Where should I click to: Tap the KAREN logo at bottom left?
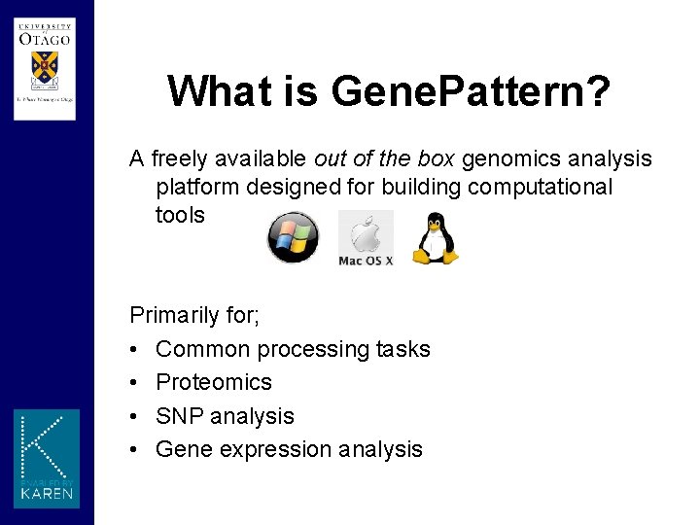coord(47,458)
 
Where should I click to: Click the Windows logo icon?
coord(293,237)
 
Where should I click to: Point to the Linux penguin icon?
coord(434,239)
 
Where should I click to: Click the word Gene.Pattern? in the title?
coord(471,91)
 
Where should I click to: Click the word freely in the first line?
coord(180,158)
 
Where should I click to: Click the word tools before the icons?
coord(180,215)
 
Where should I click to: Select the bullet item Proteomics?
coord(213,382)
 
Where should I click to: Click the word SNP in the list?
coord(176,416)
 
